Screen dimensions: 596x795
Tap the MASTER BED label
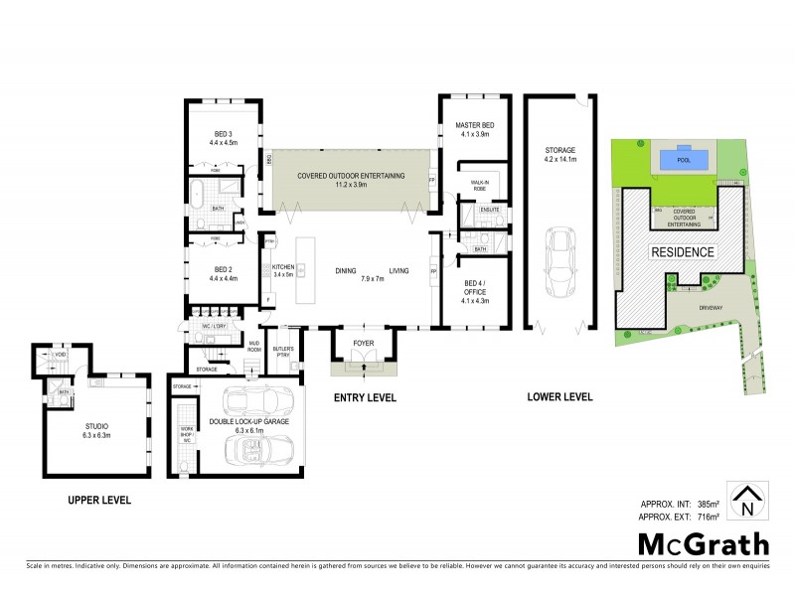pyautogui.click(x=474, y=129)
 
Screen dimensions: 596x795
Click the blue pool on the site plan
pyautogui.click(x=681, y=159)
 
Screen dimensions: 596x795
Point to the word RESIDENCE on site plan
pyautogui.click(x=682, y=252)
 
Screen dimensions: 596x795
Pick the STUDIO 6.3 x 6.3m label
pyautogui.click(x=94, y=431)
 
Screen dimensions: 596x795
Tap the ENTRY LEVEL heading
pyautogui.click(x=364, y=397)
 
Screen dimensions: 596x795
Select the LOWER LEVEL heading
pyautogui.click(x=559, y=397)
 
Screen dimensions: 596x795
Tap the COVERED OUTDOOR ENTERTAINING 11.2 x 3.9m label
pyautogui.click(x=351, y=180)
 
